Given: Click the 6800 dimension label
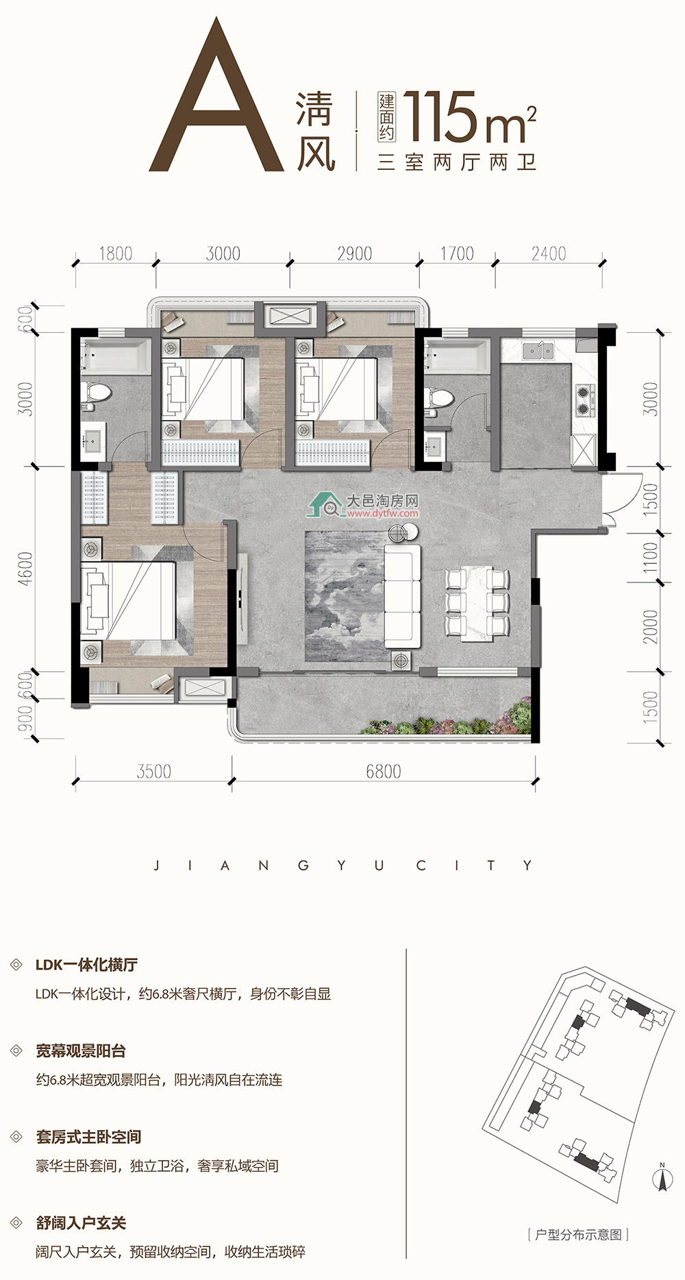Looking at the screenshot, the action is coord(383,772).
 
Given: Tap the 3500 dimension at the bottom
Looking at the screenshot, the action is coord(153,772).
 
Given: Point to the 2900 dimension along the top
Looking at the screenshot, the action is coord(354,254).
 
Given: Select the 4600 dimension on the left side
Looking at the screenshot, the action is coord(25,569).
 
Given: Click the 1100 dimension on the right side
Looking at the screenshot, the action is coord(650,558).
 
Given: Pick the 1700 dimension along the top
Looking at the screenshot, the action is coord(457,254).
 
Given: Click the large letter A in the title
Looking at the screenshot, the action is coord(216,95).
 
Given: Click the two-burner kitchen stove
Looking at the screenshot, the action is coord(584,401).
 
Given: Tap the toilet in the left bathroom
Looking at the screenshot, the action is coord(96,393).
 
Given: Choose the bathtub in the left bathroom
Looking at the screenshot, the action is coord(114,356).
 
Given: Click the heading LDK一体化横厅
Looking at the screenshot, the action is coord(86,965).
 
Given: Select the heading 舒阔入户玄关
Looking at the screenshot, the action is coord(81,1223).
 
